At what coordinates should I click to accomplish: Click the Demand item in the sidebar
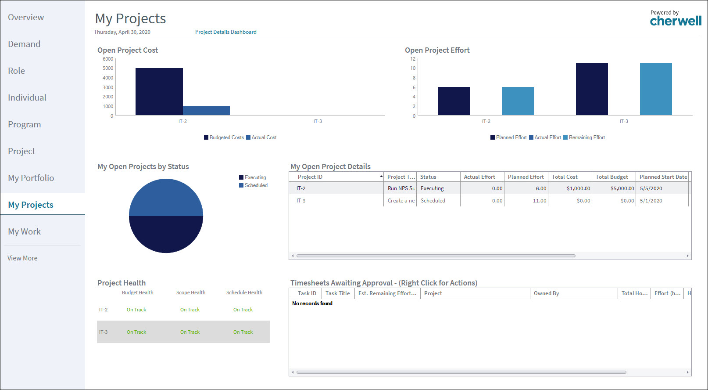click(x=24, y=44)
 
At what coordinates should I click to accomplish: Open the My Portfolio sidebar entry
click(x=31, y=178)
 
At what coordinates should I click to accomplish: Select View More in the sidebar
click(x=22, y=258)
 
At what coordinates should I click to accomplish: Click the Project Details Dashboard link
click(x=225, y=32)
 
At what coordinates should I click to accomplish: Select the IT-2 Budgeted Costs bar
click(x=159, y=91)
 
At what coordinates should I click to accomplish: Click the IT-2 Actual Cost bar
click(x=207, y=111)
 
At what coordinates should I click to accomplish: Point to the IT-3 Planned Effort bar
click(x=592, y=89)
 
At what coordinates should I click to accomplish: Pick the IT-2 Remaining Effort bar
click(x=518, y=101)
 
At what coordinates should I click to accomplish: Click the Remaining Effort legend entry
click(x=584, y=137)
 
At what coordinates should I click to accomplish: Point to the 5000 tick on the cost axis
click(x=108, y=68)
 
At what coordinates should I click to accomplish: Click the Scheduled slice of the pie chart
click(x=166, y=198)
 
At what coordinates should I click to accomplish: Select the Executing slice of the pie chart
click(x=166, y=234)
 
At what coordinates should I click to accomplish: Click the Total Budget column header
click(x=611, y=177)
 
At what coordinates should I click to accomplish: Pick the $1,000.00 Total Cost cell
click(x=578, y=188)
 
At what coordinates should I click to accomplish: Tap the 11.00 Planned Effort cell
click(x=540, y=201)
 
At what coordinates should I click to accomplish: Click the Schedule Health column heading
click(x=244, y=292)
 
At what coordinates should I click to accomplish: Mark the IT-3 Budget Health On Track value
click(x=136, y=332)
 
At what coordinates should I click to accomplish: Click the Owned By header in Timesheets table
click(x=546, y=293)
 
